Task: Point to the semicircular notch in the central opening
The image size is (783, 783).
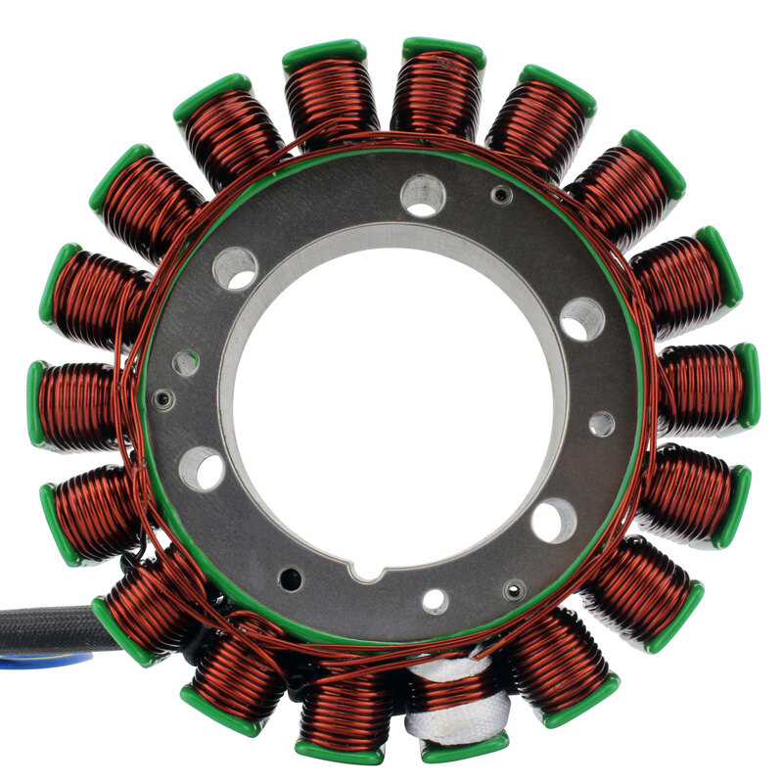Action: pyautogui.click(x=368, y=569)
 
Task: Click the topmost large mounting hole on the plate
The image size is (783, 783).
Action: pyautogui.click(x=423, y=196)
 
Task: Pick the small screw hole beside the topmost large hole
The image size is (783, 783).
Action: pyautogui.click(x=501, y=196)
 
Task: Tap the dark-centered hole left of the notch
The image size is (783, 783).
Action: pyautogui.click(x=291, y=578)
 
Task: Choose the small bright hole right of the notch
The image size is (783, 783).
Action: pyautogui.click(x=435, y=600)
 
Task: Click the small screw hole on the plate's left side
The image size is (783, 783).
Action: pyautogui.click(x=163, y=399)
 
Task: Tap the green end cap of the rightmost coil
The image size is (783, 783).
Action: pyautogui.click(x=748, y=385)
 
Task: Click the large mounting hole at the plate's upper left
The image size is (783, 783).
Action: pyautogui.click(x=235, y=267)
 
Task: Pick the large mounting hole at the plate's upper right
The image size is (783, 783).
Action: pyautogui.click(x=582, y=319)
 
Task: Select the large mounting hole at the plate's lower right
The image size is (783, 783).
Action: pyautogui.click(x=554, y=519)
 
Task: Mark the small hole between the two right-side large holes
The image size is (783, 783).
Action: pyautogui.click(x=601, y=424)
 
